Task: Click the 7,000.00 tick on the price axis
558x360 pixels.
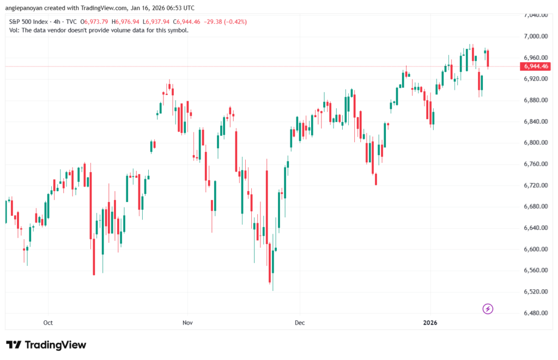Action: pos(535,36)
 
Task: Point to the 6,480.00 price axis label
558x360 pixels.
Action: pos(535,313)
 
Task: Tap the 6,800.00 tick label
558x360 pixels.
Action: pos(535,143)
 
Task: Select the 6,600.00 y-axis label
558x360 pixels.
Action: pos(535,249)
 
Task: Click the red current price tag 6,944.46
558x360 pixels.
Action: pos(535,66)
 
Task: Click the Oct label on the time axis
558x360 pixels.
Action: pos(48,322)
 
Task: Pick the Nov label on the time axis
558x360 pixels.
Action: pos(187,322)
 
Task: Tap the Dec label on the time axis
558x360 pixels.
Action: pos(299,322)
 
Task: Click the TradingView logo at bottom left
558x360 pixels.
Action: pos(46,345)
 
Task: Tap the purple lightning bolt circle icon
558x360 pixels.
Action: pos(488,309)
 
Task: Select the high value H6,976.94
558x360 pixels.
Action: pos(126,22)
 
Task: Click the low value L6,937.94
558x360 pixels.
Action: pos(156,22)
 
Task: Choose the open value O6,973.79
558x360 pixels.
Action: pos(95,22)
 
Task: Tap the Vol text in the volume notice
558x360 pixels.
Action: pos(14,30)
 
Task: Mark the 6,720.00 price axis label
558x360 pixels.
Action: pos(535,185)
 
